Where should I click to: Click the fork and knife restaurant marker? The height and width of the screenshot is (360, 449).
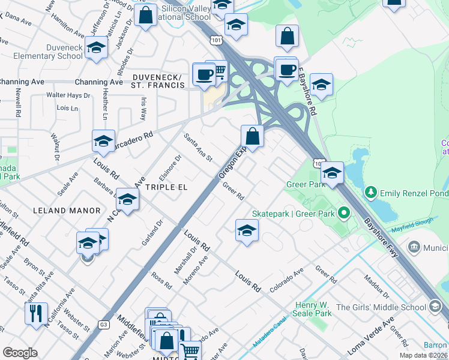coord(35,313)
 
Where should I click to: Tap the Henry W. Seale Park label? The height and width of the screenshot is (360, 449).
coord(312,309)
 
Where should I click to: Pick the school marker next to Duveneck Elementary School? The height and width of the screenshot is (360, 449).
coord(95,48)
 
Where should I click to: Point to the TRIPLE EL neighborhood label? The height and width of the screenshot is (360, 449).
coord(166,187)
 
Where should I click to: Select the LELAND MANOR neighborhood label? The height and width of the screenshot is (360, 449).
coord(67,211)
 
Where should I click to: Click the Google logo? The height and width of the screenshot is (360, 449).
coord(20,353)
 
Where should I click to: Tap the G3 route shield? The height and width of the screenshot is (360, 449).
coord(104,325)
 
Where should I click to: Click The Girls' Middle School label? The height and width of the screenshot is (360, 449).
coord(381,307)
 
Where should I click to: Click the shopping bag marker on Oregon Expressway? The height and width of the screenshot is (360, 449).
coord(253,136)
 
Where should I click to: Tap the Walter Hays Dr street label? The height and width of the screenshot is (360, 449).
coord(68,95)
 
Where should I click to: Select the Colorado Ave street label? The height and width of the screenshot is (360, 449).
coord(287,281)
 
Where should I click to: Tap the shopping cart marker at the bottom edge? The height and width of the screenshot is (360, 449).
coord(190,351)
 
